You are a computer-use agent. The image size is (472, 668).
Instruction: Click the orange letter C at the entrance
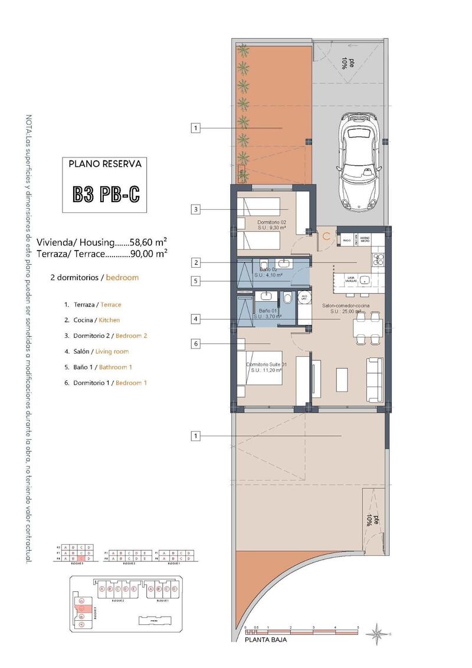326,236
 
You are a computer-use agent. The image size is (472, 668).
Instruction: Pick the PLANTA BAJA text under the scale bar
265,639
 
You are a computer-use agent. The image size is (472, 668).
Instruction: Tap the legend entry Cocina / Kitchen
92,320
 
